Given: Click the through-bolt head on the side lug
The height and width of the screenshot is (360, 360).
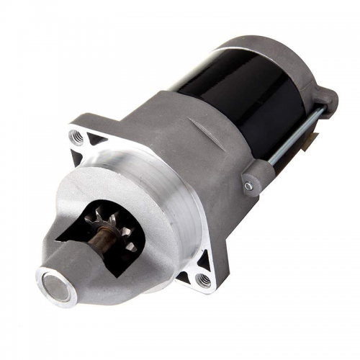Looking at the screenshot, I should (x=248, y=185).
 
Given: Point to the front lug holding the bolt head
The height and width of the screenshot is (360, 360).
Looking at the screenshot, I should (x=252, y=176).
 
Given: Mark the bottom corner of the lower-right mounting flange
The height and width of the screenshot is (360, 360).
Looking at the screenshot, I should (x=209, y=288).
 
